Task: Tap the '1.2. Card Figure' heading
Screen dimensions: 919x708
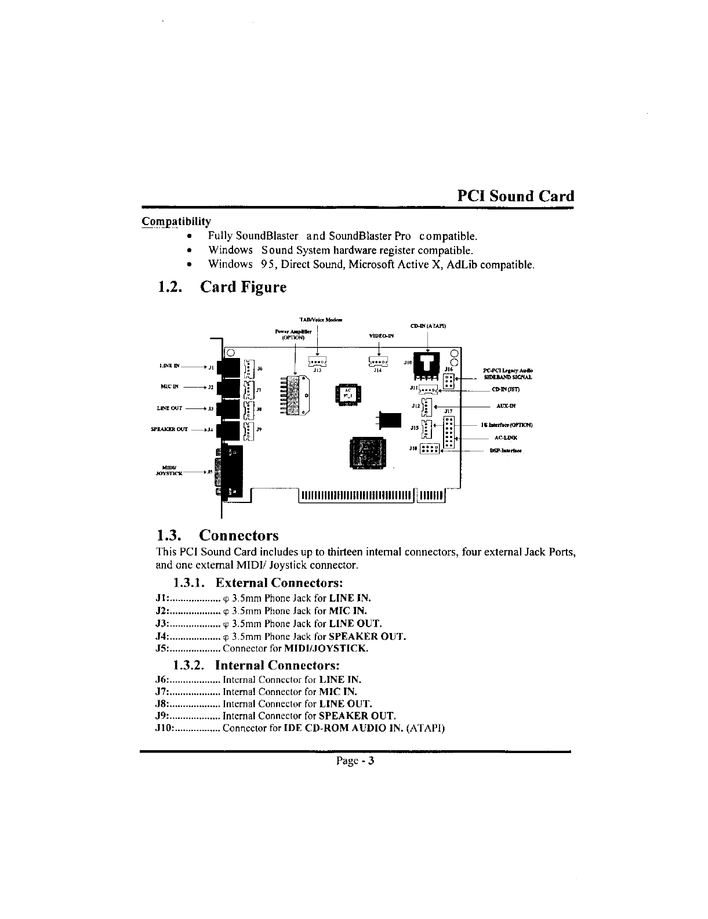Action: (x=222, y=287)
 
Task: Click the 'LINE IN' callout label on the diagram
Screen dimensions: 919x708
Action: (x=169, y=366)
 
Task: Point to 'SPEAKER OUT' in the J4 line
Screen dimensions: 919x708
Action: (x=367, y=636)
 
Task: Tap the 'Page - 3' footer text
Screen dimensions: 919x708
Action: (x=355, y=761)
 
